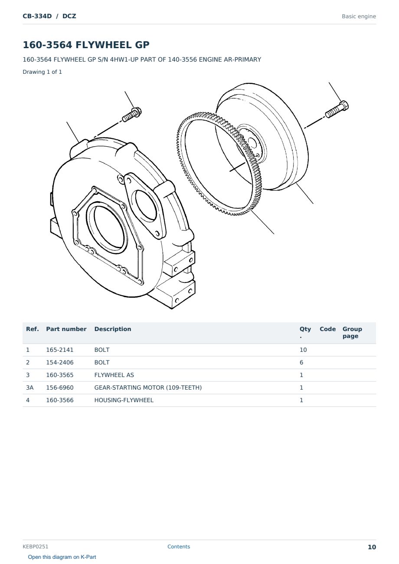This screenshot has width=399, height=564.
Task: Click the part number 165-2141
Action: (60, 350)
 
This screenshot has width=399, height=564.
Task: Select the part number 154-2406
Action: (60, 362)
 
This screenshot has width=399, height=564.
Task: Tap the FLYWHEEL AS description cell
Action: (114, 375)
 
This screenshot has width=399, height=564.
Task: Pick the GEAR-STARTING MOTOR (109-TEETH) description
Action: (148, 387)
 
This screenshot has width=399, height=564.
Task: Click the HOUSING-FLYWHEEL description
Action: (124, 400)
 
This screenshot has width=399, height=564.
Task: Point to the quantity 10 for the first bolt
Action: (303, 350)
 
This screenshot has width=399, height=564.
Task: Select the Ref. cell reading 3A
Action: (29, 387)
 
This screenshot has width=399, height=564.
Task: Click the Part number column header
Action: (66, 329)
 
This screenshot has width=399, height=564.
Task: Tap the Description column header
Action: (113, 329)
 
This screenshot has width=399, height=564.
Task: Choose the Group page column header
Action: (352, 332)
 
